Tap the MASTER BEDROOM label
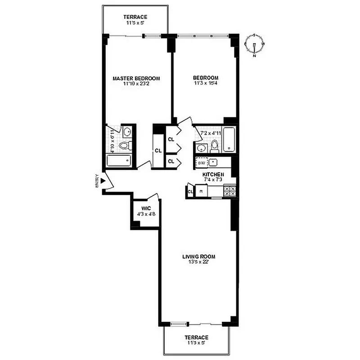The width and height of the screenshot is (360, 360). (x=136, y=78)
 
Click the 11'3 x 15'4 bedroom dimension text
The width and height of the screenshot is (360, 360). (x=206, y=83)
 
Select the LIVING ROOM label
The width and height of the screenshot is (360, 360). (x=198, y=257)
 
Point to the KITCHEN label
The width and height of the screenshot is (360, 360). (x=213, y=174)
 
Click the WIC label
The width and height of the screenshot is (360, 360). (x=146, y=208)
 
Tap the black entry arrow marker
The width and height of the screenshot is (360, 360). (x=103, y=181)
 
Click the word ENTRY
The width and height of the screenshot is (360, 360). (x=96, y=181)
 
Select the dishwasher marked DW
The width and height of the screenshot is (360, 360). (x=201, y=162)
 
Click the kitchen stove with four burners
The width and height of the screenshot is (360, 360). (x=229, y=191)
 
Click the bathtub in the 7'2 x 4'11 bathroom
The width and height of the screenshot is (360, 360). (x=229, y=139)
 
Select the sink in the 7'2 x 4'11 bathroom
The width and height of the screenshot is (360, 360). (x=200, y=148)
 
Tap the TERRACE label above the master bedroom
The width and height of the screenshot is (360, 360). (x=135, y=17)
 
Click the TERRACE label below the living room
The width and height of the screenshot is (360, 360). (x=197, y=337)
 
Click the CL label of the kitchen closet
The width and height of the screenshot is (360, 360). (x=190, y=192)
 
